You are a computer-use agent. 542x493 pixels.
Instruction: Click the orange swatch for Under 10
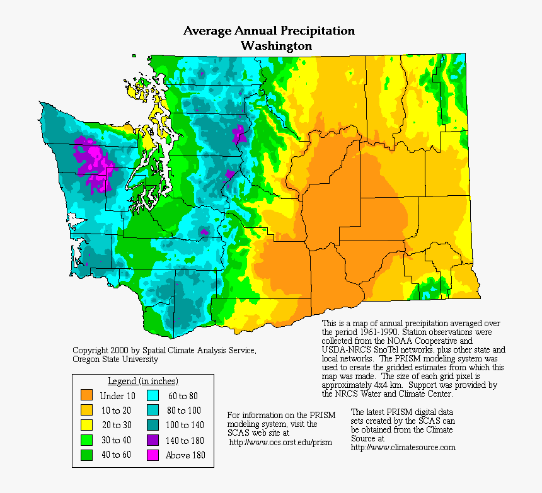[87, 395]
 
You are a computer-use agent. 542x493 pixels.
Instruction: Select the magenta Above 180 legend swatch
[153, 455]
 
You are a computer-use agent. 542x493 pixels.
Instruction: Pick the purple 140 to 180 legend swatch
[153, 440]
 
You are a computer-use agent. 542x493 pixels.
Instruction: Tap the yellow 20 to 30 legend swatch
[87, 425]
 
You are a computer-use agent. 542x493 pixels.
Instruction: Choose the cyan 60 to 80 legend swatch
[153, 395]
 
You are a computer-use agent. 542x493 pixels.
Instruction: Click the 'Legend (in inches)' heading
[142, 381]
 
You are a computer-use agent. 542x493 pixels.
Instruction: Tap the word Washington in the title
[276, 46]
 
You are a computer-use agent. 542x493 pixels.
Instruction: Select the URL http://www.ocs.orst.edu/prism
[280, 442]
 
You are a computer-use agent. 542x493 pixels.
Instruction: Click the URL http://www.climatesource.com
[403, 447]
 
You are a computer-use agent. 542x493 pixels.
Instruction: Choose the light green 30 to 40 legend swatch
[87, 440]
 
